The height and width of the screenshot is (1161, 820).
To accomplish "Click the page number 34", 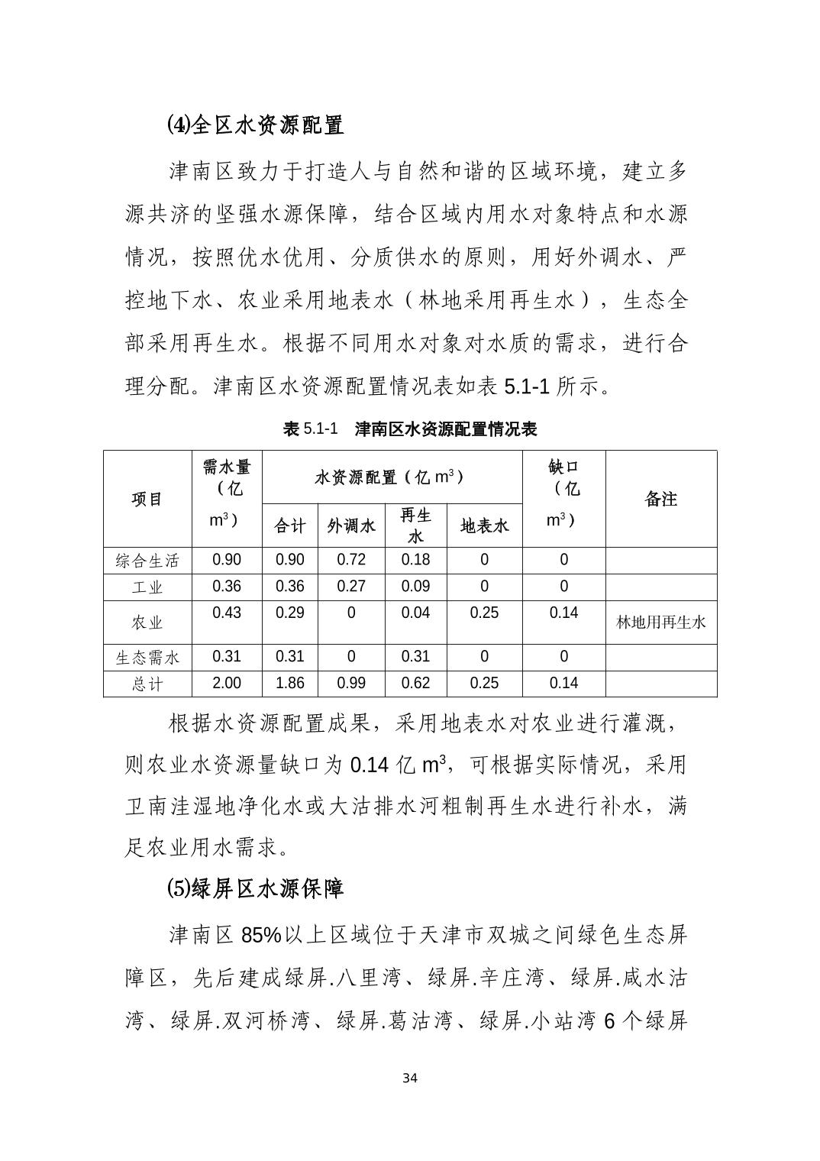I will pyautogui.click(x=410, y=1078).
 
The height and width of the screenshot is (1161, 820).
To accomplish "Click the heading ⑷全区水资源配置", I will pyautogui.click(x=255, y=125).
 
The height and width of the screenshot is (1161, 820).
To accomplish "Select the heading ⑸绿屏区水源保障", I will pyautogui.click(x=255, y=888).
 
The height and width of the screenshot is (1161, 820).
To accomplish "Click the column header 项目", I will pyautogui.click(x=147, y=499).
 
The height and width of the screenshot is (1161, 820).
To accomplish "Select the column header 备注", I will pyautogui.click(x=661, y=499).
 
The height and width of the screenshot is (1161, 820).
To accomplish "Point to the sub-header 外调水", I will pyautogui.click(x=351, y=526).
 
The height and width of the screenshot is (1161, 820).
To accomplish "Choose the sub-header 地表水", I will pyautogui.click(x=484, y=526).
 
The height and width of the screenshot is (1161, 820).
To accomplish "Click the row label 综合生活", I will pyautogui.click(x=147, y=561).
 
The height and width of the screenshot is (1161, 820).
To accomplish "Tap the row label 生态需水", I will pyautogui.click(x=147, y=657).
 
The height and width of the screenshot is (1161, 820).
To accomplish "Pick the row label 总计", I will pyautogui.click(x=147, y=684).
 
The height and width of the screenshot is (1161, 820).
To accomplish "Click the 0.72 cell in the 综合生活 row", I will pyautogui.click(x=351, y=560).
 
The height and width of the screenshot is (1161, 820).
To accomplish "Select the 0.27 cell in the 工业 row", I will pyautogui.click(x=351, y=587).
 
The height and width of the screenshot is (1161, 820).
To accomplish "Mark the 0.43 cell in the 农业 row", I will pyautogui.click(x=227, y=613).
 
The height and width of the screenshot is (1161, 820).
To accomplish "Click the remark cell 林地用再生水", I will pyautogui.click(x=661, y=623).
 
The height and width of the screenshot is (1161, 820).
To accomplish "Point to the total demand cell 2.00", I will pyautogui.click(x=227, y=683).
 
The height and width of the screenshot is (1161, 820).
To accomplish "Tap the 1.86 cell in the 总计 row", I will pyautogui.click(x=290, y=683).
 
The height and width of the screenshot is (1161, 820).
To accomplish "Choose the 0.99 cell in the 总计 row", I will pyautogui.click(x=351, y=683).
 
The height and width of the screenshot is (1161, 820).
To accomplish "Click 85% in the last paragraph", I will pyautogui.click(x=261, y=935).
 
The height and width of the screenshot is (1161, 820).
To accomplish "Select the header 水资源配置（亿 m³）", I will pyautogui.click(x=391, y=477).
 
